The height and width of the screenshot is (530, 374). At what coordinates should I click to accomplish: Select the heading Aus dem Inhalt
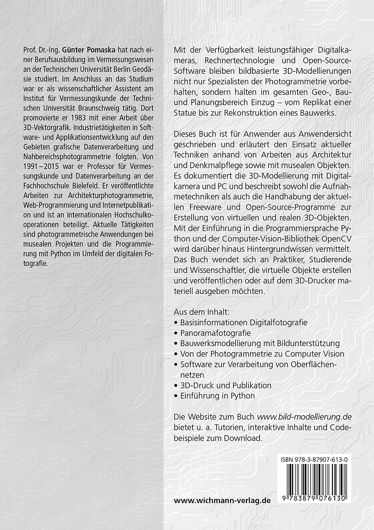point(201,312)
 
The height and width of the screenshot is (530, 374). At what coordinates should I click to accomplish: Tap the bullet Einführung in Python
point(217,396)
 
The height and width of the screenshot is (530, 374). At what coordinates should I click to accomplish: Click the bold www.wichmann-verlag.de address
point(222,500)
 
